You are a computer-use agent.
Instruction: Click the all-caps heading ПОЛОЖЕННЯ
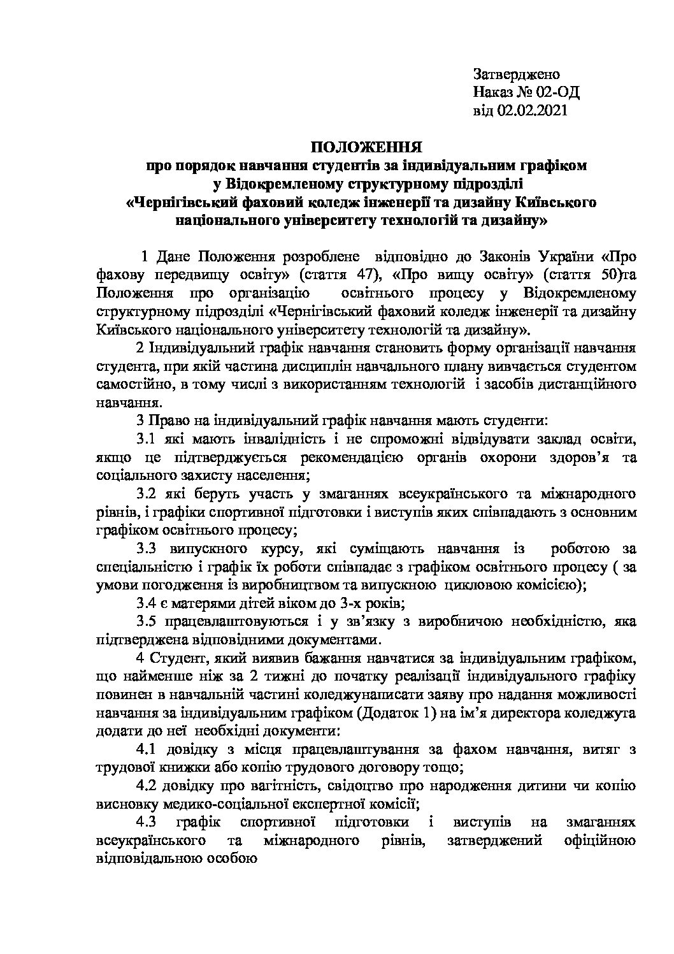366,148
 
